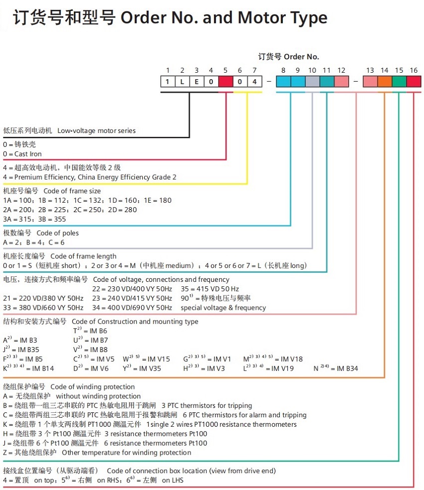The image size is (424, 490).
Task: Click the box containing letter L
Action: (x=182, y=81)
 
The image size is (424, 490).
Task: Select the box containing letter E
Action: (x=197, y=81)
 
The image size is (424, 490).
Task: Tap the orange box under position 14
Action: (x=385, y=81)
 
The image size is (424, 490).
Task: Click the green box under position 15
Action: (x=399, y=81)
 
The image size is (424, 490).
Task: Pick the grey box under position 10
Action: (x=312, y=81)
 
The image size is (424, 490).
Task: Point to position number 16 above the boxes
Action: (x=414, y=70)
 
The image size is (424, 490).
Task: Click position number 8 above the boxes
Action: (x=283, y=70)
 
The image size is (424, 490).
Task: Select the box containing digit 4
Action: (x=254, y=81)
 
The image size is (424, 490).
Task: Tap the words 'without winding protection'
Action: (x=91, y=396)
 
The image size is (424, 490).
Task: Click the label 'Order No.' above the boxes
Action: (x=301, y=57)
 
